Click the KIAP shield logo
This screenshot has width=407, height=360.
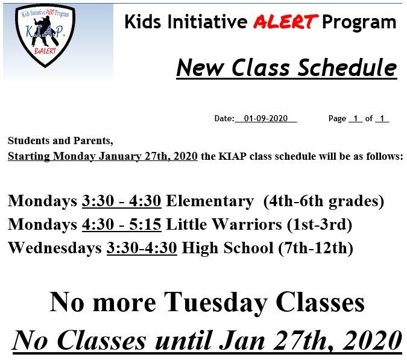pyautogui.click(x=45, y=36)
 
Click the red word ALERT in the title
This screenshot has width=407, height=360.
pyautogui.click(x=286, y=22)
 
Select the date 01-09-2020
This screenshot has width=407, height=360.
pyautogui.click(x=266, y=118)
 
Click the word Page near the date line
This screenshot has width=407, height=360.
pyautogui.click(x=337, y=119)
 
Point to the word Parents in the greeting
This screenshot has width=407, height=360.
pyautogui.click(x=93, y=141)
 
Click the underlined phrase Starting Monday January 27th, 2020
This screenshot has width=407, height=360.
pyautogui.click(x=103, y=156)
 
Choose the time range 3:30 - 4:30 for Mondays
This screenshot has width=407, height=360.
pyautogui.click(x=121, y=201)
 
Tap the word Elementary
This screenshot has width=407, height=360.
pyautogui.click(x=210, y=201)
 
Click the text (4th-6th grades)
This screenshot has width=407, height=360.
pyautogui.click(x=324, y=201)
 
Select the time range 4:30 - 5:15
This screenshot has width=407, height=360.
pyautogui.click(x=121, y=224)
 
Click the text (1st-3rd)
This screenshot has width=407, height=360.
pyautogui.click(x=320, y=225)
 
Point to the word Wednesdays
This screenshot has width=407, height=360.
pyautogui.click(x=55, y=248)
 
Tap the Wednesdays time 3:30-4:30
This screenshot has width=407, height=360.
pyautogui.click(x=142, y=248)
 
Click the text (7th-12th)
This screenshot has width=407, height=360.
pyautogui.click(x=315, y=248)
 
